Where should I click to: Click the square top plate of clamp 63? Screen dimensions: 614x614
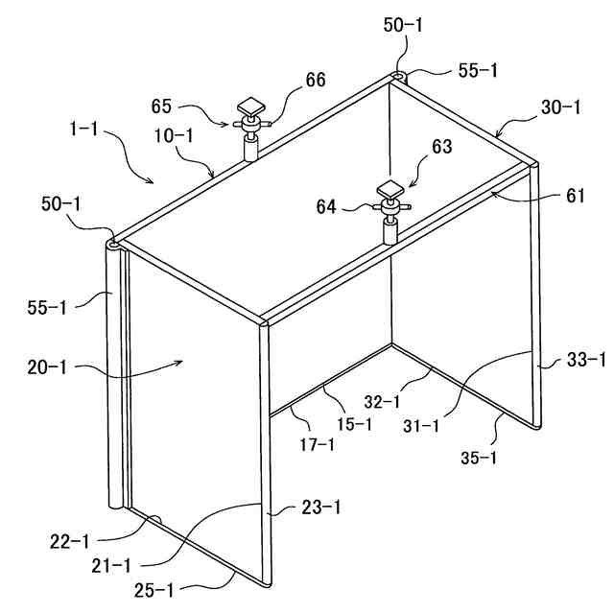[x=390, y=187]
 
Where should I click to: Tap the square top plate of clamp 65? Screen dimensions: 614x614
[x=253, y=105]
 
